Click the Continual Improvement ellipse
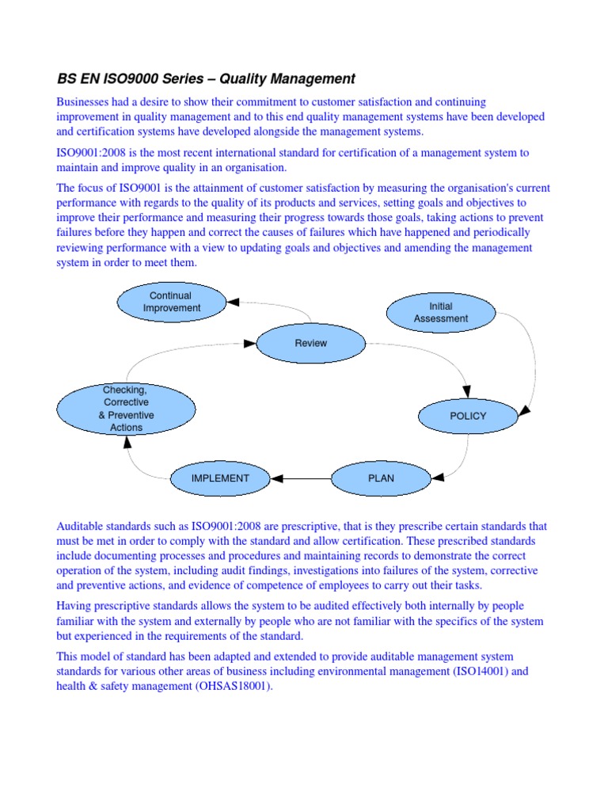(172, 302)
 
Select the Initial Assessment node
(440, 312)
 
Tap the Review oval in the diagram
(310, 343)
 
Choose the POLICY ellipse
(468, 416)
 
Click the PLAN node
(381, 478)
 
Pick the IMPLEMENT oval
(220, 478)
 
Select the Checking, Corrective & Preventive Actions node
(126, 409)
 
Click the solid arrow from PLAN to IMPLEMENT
(305, 478)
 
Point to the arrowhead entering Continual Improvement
(234, 301)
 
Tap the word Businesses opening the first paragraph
(87, 102)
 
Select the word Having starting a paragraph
(76, 606)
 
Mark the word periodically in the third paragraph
(503, 233)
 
